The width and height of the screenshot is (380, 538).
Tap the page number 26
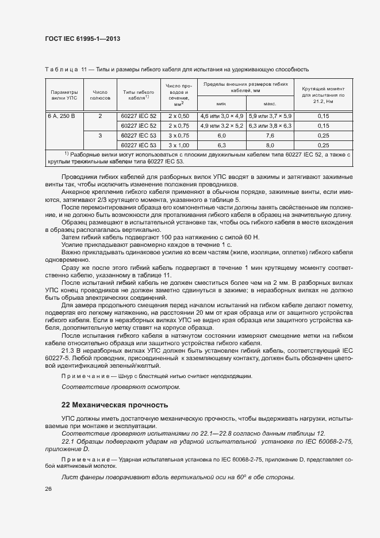48,489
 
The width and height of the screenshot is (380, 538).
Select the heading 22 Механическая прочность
114,405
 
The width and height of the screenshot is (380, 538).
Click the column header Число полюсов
100,95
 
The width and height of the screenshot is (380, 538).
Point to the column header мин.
221,104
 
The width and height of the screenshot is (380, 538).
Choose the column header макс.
270,104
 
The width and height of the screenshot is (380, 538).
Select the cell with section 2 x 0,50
179,116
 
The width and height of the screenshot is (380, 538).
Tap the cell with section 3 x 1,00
179,145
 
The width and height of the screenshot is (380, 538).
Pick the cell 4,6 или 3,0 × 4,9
221,116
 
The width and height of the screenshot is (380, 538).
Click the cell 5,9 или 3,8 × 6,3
270,125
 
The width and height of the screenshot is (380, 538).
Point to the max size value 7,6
270,135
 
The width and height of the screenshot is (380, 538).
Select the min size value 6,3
221,145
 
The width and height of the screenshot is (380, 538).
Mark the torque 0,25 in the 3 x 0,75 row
323,135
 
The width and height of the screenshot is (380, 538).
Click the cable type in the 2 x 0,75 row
137,125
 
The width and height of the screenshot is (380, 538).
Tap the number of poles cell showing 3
100,135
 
